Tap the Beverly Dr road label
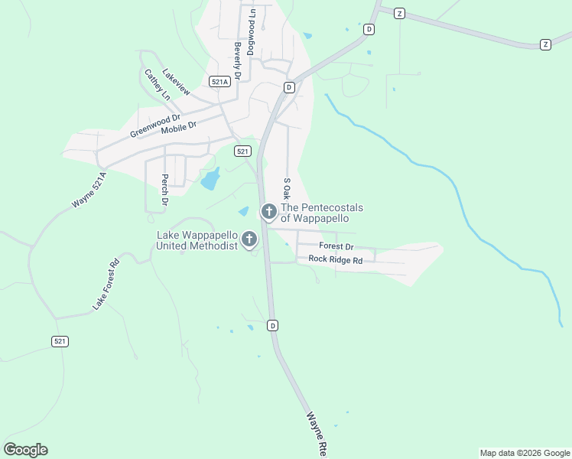pyautogui.click(x=238, y=61)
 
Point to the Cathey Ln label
pyautogui.click(x=157, y=85)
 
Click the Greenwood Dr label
pyautogui.click(x=155, y=125)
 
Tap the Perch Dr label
pyautogui.click(x=164, y=190)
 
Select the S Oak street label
pyautogui.click(x=287, y=190)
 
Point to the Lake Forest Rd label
pyautogui.click(x=107, y=285)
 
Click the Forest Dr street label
pyautogui.click(x=336, y=246)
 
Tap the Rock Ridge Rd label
pyautogui.click(x=335, y=260)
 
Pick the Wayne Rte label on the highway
pyautogui.click(x=317, y=435)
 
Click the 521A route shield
pyautogui.click(x=219, y=81)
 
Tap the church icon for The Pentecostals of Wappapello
pyautogui.click(x=268, y=212)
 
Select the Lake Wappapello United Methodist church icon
pyautogui.click(x=249, y=240)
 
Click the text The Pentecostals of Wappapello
pyautogui.click(x=322, y=213)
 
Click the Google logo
pyautogui.click(x=25, y=450)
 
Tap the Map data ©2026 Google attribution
pyautogui.click(x=524, y=453)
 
